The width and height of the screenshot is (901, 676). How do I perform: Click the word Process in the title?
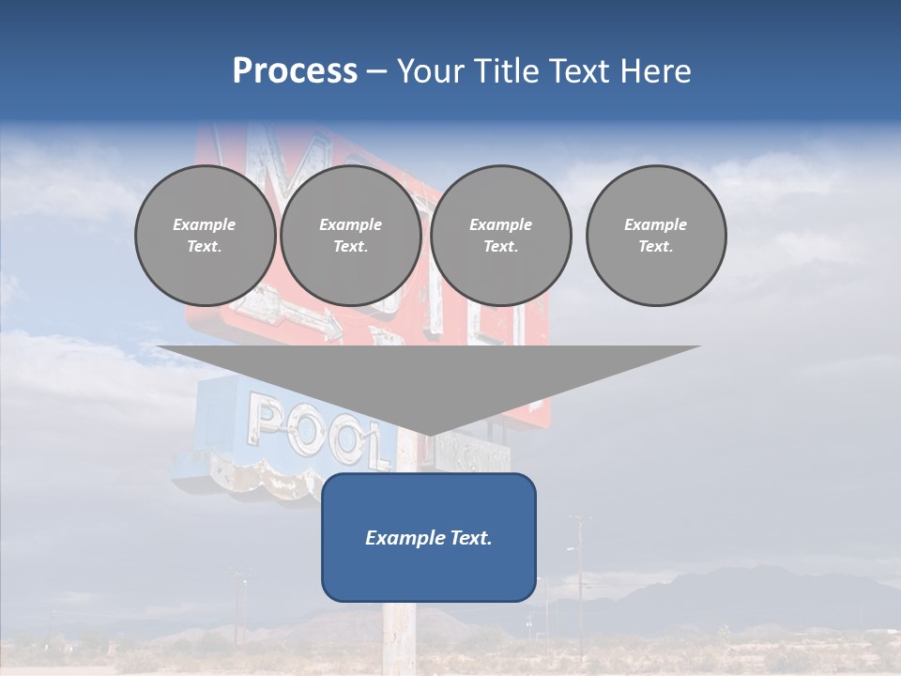pyautogui.click(x=295, y=71)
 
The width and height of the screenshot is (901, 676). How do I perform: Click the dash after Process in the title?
pyautogui.click(x=376, y=72)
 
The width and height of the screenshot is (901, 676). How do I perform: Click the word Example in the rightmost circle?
pyautogui.click(x=655, y=224)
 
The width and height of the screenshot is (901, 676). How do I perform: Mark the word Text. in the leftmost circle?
pyautogui.click(x=205, y=247)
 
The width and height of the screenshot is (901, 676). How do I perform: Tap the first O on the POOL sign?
pyautogui.click(x=306, y=429)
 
